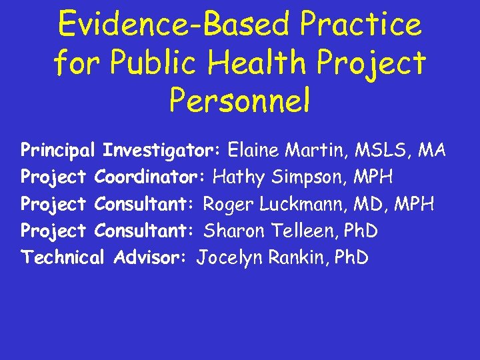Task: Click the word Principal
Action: click(x=59, y=150)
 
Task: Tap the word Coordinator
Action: click(x=151, y=177)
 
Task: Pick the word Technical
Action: click(x=63, y=257)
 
